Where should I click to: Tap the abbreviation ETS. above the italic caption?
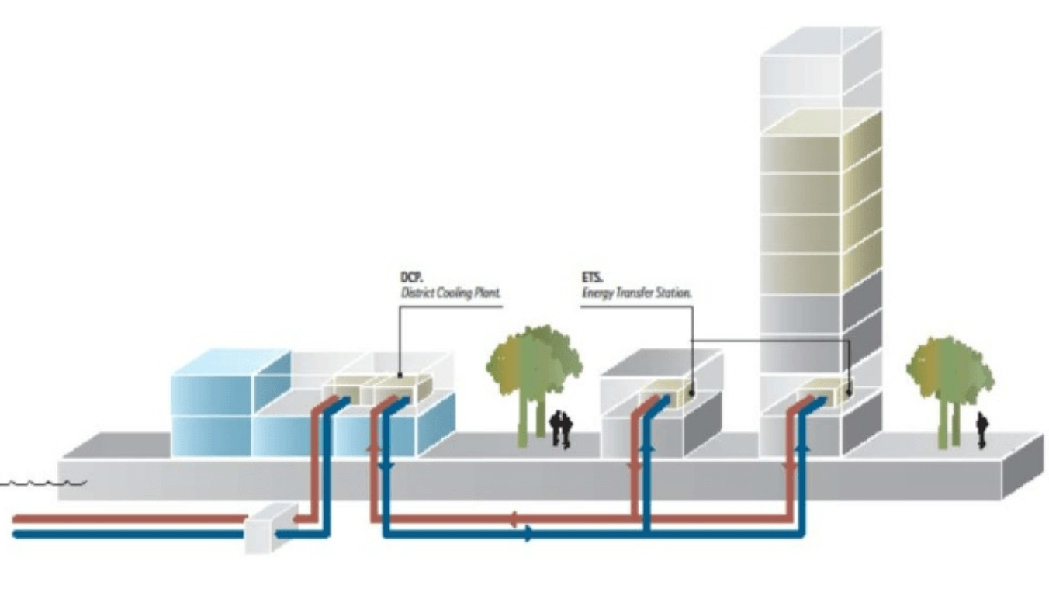click(592, 279)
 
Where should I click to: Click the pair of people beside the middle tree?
click(561, 429)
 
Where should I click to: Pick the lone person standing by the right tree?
click(981, 430)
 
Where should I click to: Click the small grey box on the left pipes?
click(269, 528)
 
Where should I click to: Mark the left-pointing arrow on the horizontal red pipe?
click(513, 518)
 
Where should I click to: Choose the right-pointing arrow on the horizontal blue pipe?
click(529, 534)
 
